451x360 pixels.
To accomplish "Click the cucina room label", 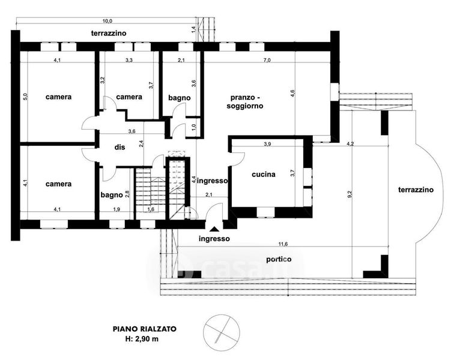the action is [x=263, y=175].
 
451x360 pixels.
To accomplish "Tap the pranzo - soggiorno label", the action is [x=245, y=102].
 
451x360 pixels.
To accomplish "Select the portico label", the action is [x=279, y=259].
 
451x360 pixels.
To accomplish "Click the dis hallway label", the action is [x=120, y=147].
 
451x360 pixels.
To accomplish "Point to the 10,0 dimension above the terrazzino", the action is [x=107, y=20].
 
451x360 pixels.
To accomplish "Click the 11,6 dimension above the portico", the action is [x=283, y=244].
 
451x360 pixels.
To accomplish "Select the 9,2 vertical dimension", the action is [x=350, y=194].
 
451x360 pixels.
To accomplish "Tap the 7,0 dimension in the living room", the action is [x=267, y=60].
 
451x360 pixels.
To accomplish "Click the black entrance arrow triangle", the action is [x=214, y=229].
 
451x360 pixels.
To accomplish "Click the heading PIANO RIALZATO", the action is [x=144, y=329].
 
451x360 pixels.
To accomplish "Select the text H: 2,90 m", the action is [x=142, y=339].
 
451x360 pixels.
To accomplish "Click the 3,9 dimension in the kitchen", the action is [x=267, y=144].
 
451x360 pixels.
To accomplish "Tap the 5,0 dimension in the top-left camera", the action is [x=25, y=97].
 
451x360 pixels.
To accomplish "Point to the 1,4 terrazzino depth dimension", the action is [x=193, y=29].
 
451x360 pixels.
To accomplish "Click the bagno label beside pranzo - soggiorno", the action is [x=180, y=98].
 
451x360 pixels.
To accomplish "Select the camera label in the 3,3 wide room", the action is [x=129, y=97].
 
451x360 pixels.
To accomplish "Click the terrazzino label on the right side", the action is [x=416, y=190].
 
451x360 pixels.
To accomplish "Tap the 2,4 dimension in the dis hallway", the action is [x=141, y=143].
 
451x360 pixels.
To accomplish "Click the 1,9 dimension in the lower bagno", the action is [x=117, y=209].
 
